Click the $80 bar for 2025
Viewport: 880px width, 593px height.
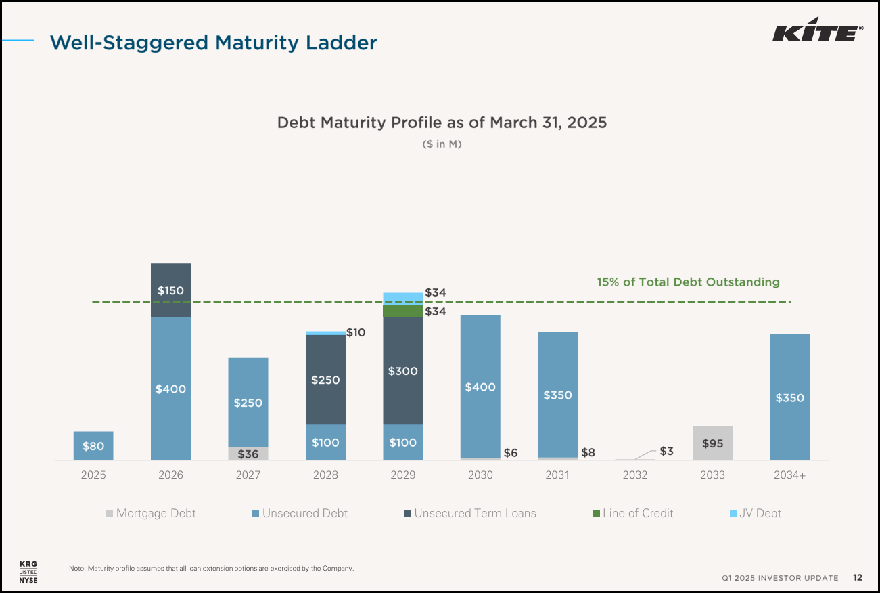click(x=93, y=445)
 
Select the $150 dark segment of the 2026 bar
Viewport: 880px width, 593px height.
click(x=170, y=290)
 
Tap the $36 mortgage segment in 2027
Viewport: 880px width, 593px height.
click(x=248, y=454)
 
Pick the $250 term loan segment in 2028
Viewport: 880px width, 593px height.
click(x=325, y=380)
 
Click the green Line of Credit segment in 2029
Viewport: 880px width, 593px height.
click(x=403, y=311)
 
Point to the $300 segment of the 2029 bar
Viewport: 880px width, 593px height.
click(x=403, y=371)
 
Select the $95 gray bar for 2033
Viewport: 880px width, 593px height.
click(x=712, y=443)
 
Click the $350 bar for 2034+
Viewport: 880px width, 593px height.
click(x=789, y=397)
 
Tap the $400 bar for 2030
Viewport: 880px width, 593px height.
click(x=480, y=387)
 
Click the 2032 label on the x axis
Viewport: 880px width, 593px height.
click(x=635, y=475)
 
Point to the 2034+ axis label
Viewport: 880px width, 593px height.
click(x=789, y=475)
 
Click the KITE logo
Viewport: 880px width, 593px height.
click(x=817, y=30)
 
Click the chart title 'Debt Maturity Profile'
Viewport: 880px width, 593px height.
click(x=442, y=123)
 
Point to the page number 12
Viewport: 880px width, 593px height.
click(x=857, y=577)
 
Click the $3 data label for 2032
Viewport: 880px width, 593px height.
click(x=666, y=451)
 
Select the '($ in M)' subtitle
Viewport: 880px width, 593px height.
click(x=442, y=144)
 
